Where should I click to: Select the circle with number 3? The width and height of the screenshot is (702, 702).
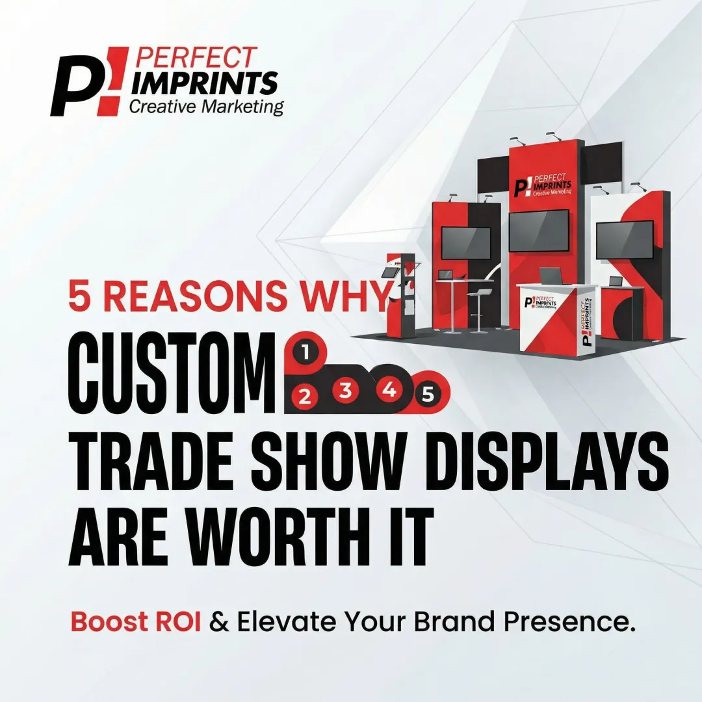[346, 390]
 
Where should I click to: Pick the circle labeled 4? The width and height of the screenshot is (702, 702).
[389, 389]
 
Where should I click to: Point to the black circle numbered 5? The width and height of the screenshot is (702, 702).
[427, 393]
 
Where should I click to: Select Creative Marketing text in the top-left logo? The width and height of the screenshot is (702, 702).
[206, 107]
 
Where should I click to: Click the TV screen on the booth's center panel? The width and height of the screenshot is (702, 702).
[538, 229]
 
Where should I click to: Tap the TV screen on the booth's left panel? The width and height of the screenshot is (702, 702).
[466, 242]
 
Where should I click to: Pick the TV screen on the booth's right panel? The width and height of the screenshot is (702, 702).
[624, 239]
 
